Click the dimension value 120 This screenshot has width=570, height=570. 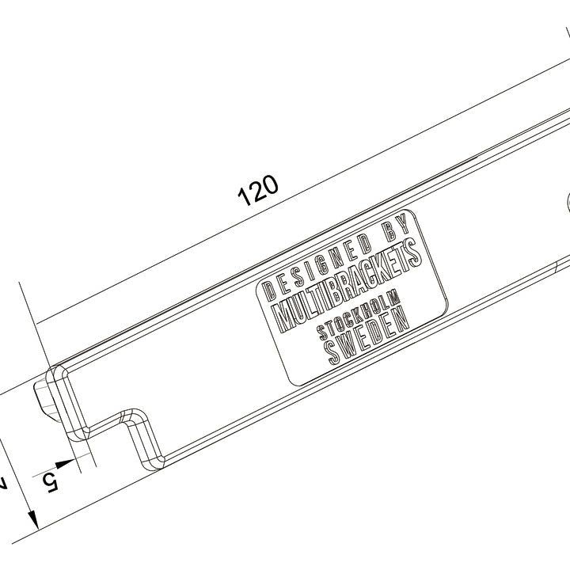pyautogui.click(x=259, y=191)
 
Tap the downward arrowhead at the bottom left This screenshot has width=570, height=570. pyautogui.click(x=33, y=519)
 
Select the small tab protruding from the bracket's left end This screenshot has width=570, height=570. pyautogui.click(x=44, y=397)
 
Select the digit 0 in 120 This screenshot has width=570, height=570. pyautogui.click(x=271, y=184)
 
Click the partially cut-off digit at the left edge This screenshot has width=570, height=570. pyautogui.click(x=3, y=482)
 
